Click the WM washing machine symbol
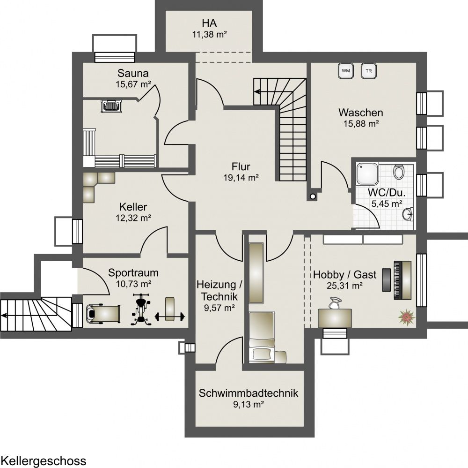pos(346,71)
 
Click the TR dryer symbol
pos(369,71)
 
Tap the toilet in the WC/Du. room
pos(398,172)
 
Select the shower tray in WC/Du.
pos(367,174)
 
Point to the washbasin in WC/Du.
pos(408,214)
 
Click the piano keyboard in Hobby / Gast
pos(402,280)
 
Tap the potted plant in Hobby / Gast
pos(406,317)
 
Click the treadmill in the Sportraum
pos(103,313)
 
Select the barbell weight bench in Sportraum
pos(170,309)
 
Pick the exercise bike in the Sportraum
pos(141,309)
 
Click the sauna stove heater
pos(112,106)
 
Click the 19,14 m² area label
pos(241,178)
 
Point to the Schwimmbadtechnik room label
pos(249,393)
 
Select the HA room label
pos(209,23)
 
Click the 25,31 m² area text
pos(345,286)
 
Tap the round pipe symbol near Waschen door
pos(313,196)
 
